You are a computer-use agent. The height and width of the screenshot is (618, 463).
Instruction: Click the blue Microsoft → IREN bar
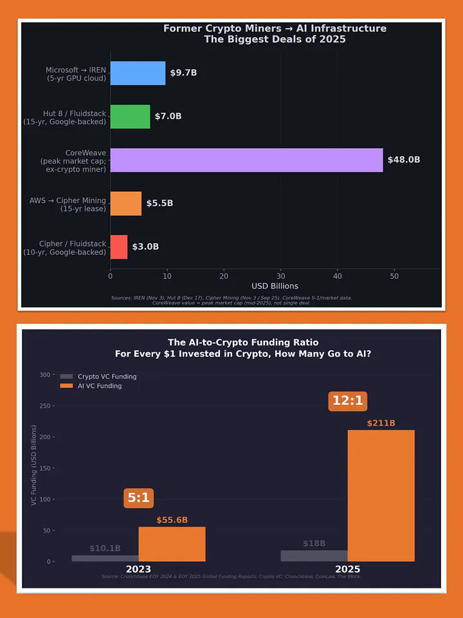pyautogui.click(x=138, y=73)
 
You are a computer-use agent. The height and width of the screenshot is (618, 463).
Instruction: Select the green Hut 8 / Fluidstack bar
pyautogui.click(x=130, y=117)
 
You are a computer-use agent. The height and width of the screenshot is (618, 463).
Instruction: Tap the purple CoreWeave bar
pyautogui.click(x=246, y=160)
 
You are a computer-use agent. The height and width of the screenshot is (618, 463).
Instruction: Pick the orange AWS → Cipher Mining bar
pyautogui.click(x=125, y=203)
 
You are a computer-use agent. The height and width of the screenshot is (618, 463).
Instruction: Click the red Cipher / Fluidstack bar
pyautogui.click(x=119, y=247)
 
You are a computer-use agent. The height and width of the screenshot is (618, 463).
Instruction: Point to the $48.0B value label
pyautogui.click(x=403, y=160)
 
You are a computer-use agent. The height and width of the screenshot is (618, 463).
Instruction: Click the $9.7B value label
pyautogui.click(x=183, y=73)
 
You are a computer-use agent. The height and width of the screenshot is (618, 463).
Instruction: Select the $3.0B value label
pyautogui.click(x=145, y=247)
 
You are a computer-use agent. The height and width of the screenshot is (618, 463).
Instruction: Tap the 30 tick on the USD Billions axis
pyautogui.click(x=280, y=276)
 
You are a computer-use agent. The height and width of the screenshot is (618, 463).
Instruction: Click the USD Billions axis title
pyautogui.click(x=275, y=286)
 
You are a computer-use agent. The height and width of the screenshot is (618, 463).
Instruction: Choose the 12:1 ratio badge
pyautogui.click(x=348, y=400)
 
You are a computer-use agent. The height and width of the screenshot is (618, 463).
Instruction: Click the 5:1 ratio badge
pyautogui.click(x=139, y=498)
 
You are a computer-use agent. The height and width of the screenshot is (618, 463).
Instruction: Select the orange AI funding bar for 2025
pyautogui.click(x=381, y=495)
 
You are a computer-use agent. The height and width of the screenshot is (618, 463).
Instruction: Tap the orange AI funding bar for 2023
pyautogui.click(x=172, y=544)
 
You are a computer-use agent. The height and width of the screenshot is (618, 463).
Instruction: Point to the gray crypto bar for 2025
pyautogui.click(x=314, y=556)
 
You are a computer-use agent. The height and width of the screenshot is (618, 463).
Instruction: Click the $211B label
pyautogui.click(x=381, y=423)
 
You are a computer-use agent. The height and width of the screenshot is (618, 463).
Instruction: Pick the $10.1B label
pyautogui.click(x=105, y=548)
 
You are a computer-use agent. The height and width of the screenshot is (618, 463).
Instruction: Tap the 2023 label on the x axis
pyautogui.click(x=138, y=570)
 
